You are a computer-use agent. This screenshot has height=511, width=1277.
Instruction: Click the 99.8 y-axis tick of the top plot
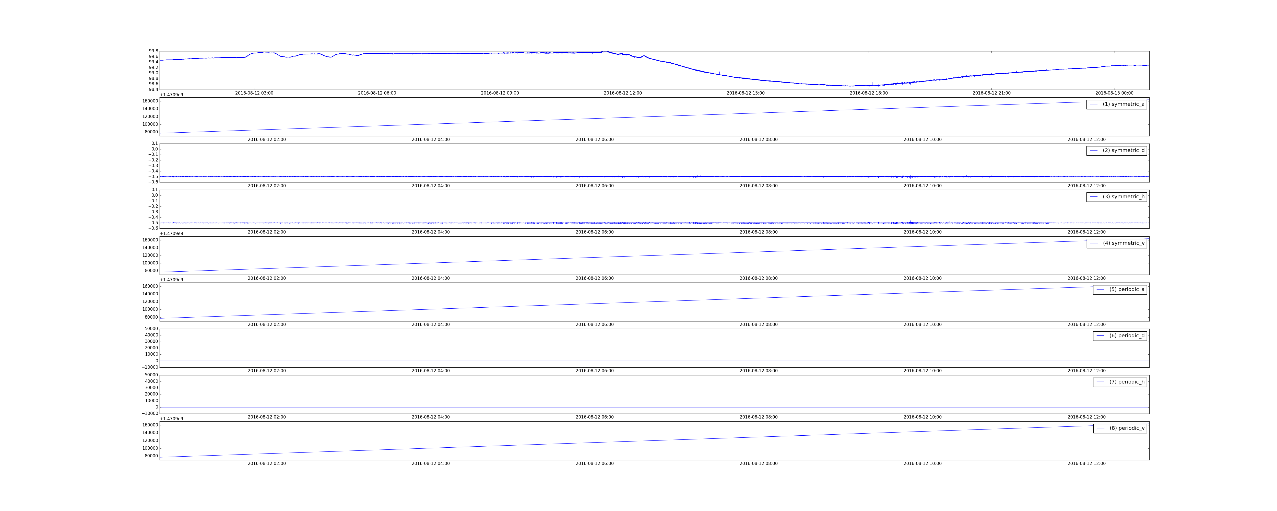pos(153,51)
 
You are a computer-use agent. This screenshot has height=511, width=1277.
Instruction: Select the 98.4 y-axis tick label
pos(153,90)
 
